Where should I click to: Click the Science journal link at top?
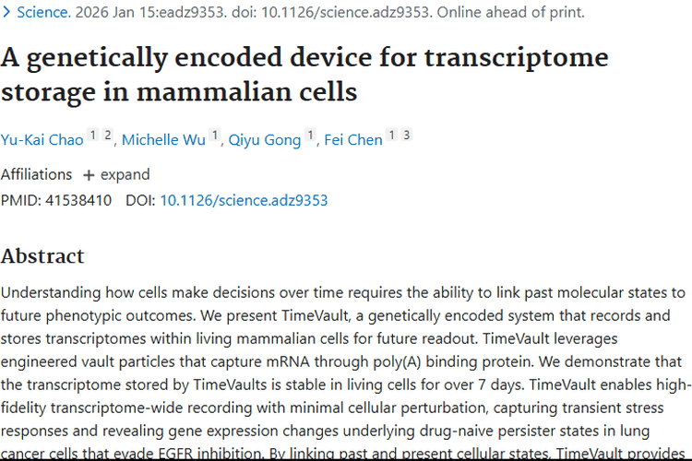(x=41, y=13)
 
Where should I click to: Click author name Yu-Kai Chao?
(x=42, y=140)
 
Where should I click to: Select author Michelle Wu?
(x=164, y=140)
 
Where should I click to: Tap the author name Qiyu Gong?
(x=265, y=140)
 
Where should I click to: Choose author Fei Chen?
(x=353, y=140)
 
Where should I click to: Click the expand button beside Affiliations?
(x=116, y=174)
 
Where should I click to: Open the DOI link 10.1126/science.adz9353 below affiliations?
(x=244, y=200)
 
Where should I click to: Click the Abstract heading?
(x=42, y=255)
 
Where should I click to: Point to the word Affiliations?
(x=36, y=174)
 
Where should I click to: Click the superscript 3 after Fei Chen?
(x=406, y=136)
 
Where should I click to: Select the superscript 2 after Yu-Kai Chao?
(x=107, y=136)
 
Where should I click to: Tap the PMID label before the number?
(x=19, y=200)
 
